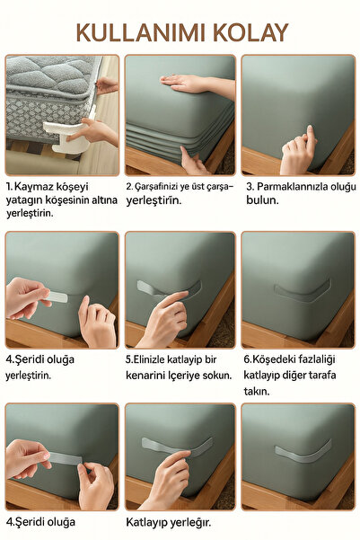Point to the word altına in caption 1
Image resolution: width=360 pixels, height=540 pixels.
101,199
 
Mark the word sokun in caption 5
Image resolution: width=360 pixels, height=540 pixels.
215,376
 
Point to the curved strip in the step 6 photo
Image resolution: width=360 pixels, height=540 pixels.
301,292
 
